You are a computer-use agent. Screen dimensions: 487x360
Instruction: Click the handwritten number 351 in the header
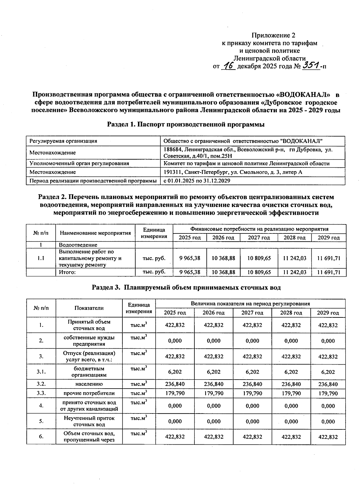pyautogui.click(x=311, y=65)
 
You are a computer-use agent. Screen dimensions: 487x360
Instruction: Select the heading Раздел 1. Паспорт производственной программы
pyautogui.click(x=186, y=125)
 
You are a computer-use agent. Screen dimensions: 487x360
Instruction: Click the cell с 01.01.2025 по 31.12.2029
pyautogui.click(x=197, y=181)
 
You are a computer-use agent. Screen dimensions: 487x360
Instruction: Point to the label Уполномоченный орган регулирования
pyautogui.click(x=79, y=164)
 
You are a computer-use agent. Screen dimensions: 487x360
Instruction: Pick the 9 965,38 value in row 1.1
pyautogui.click(x=190, y=258)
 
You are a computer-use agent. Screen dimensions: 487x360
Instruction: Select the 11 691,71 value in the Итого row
pyautogui.click(x=329, y=272)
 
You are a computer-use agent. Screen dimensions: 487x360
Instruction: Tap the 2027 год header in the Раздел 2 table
pyautogui.click(x=259, y=238)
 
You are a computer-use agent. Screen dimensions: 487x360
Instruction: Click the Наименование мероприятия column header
pyautogui.click(x=95, y=233)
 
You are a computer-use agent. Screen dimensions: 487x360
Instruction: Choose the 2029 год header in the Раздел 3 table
pyautogui.click(x=328, y=313)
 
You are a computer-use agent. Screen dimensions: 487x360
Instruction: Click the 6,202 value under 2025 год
pyautogui.click(x=175, y=372)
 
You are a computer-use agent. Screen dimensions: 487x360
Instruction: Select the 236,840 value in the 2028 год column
pyautogui.click(x=291, y=384)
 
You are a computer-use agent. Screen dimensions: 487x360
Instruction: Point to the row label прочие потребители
pyautogui.click(x=89, y=393)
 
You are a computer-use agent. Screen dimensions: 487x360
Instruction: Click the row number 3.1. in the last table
pyautogui.click(x=41, y=372)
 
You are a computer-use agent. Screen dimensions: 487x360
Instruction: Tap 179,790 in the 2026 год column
pyautogui.click(x=214, y=393)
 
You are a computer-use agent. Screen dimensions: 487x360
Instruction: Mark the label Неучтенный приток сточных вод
pyautogui.click(x=89, y=421)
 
